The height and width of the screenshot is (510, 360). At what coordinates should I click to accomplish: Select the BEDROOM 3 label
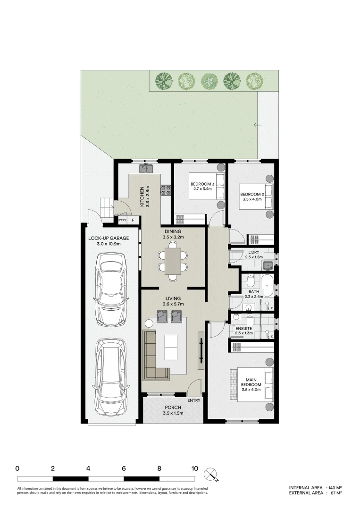[x=202, y=186]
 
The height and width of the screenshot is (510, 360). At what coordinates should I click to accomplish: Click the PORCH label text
[x=173, y=410]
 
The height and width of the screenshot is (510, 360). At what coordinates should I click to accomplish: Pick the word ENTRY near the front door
[x=193, y=400]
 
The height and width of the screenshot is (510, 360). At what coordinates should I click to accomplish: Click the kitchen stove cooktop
[x=166, y=190]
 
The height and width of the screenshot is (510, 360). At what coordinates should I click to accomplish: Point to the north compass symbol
[x=210, y=474]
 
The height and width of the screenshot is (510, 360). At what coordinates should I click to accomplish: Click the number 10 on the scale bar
[x=194, y=469]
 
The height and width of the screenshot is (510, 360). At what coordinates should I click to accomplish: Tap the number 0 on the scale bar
[x=17, y=469]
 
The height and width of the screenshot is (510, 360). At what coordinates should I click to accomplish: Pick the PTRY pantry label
[x=122, y=220]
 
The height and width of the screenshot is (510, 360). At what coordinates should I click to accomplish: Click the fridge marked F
[x=134, y=220]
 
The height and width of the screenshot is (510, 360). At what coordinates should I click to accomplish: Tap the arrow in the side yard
[x=257, y=125]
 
